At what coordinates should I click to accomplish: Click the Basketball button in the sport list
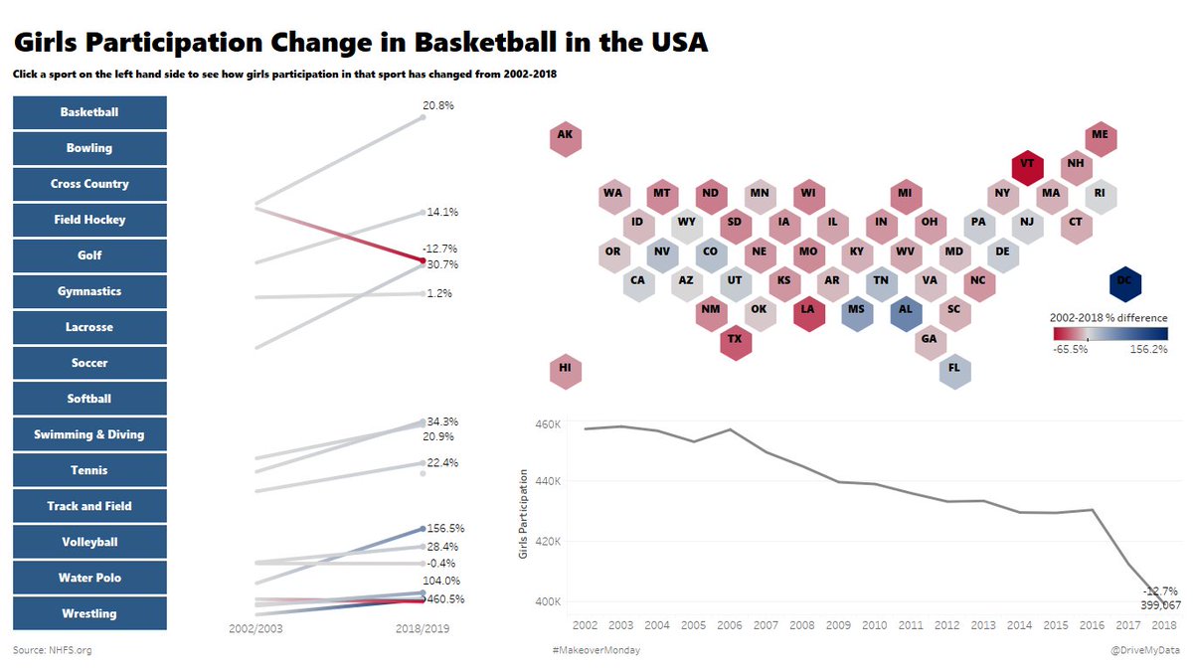click(89, 112)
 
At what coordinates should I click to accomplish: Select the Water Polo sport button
click(89, 578)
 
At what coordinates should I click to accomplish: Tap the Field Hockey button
click(89, 220)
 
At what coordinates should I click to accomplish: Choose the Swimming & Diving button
click(89, 434)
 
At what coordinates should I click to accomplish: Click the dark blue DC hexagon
click(1123, 282)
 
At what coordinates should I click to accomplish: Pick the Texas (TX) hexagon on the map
click(735, 339)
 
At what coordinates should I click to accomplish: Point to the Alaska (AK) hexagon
click(565, 135)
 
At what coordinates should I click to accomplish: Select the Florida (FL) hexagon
click(954, 368)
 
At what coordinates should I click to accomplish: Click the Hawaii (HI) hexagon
click(565, 368)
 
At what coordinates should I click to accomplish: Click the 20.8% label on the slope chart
click(437, 104)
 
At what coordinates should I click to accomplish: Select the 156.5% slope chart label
click(443, 529)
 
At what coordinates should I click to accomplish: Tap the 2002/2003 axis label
click(256, 629)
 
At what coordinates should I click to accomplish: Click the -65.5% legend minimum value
click(1070, 349)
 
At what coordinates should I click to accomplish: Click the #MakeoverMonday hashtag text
click(596, 650)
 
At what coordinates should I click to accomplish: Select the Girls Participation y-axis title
click(524, 511)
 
